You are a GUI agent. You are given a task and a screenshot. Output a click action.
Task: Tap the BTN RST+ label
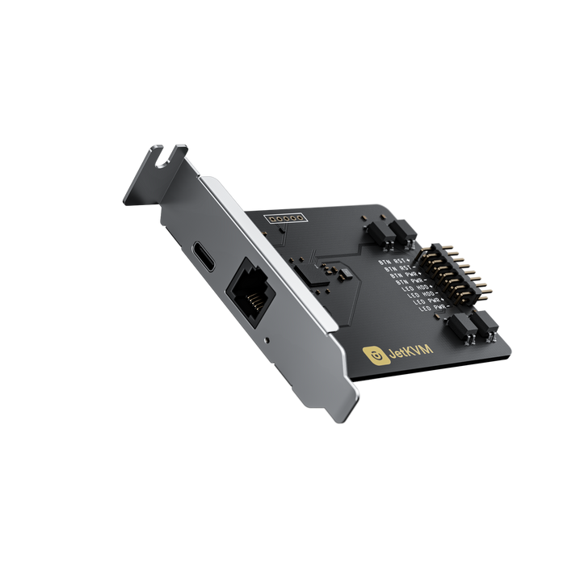[x=395, y=262]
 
